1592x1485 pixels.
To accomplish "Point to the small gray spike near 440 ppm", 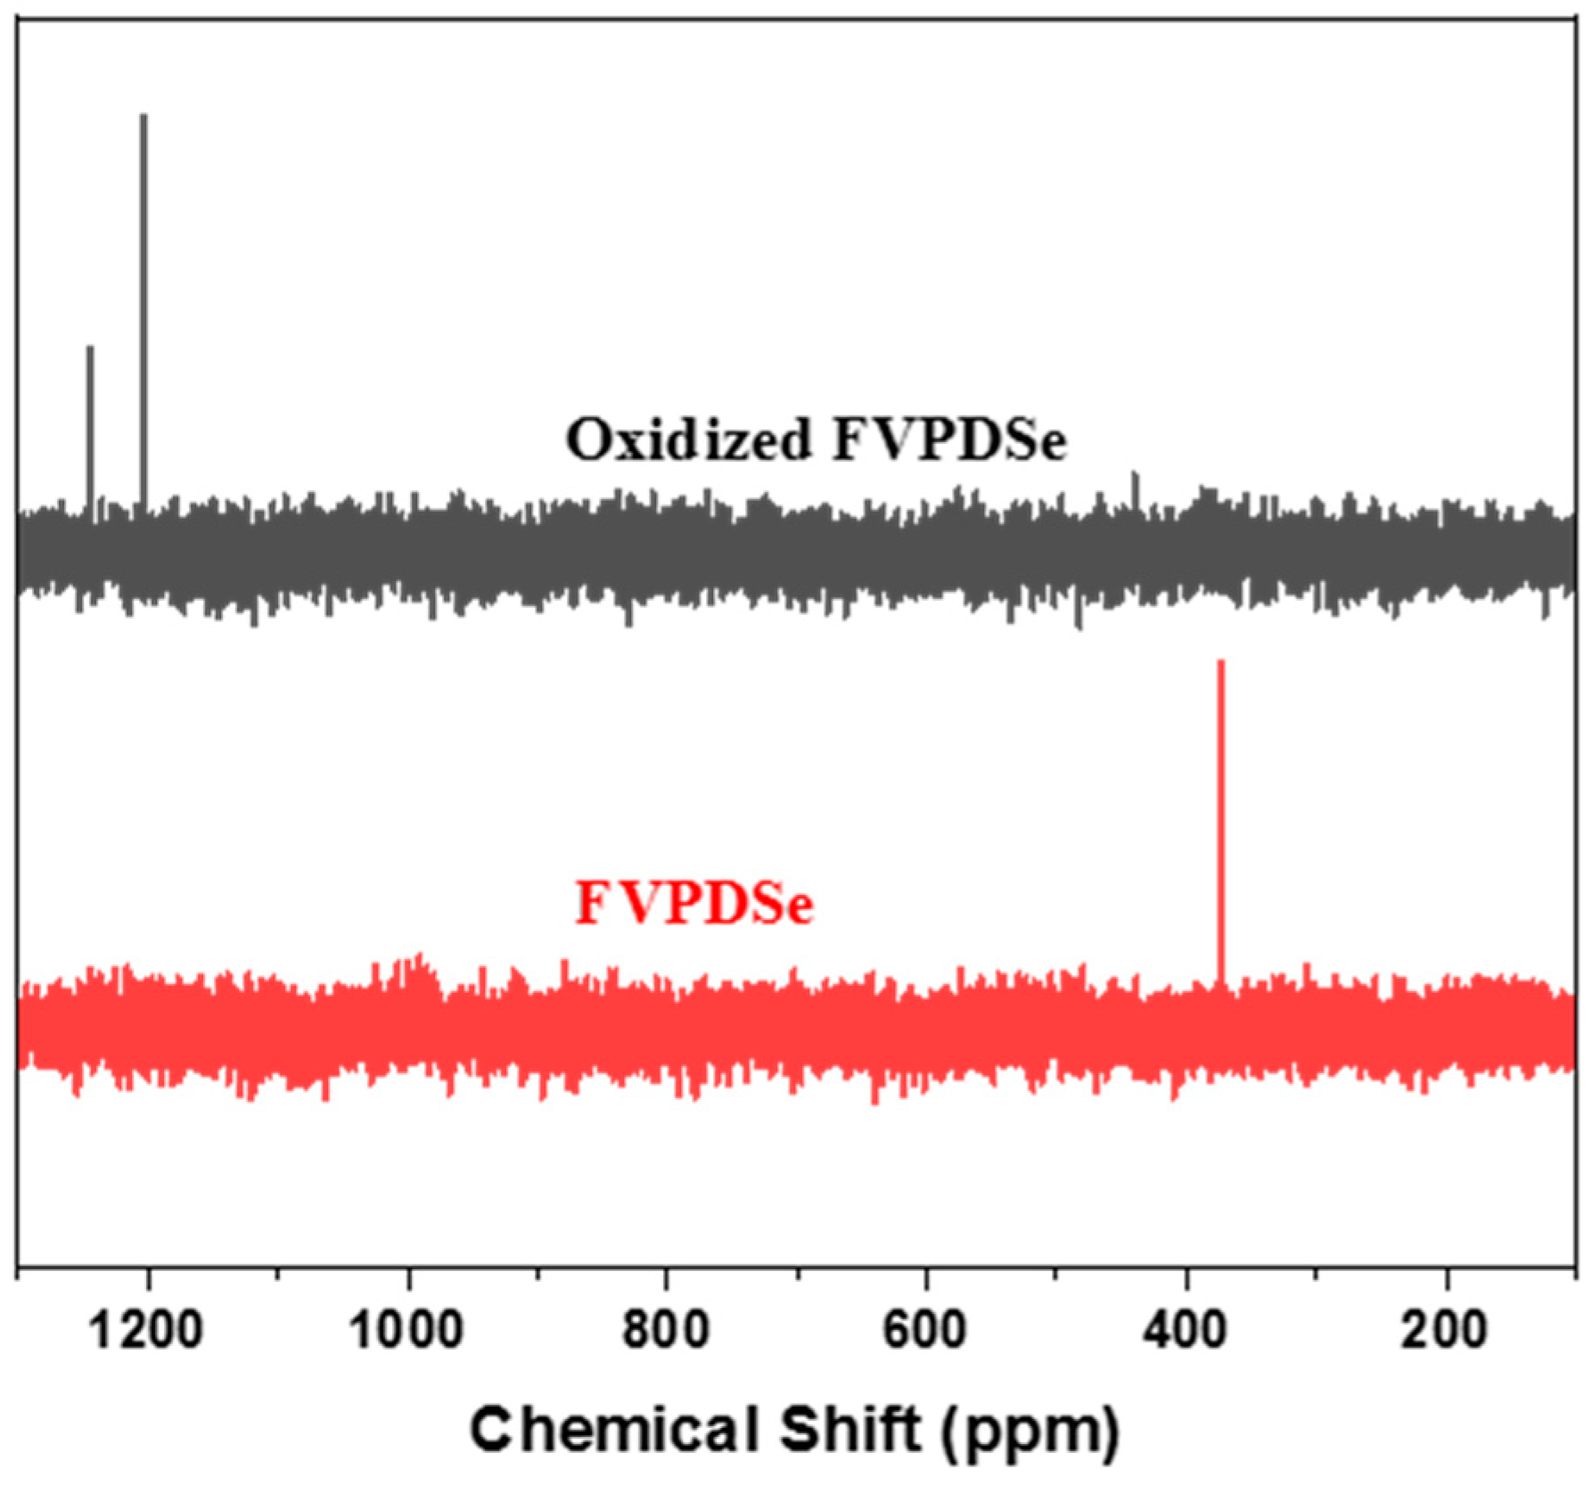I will [x=1135, y=486].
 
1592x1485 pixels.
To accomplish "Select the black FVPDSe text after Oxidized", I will [x=948, y=439].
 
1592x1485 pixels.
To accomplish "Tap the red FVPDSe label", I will [x=694, y=903].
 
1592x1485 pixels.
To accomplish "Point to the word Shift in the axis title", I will [x=850, y=1430].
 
